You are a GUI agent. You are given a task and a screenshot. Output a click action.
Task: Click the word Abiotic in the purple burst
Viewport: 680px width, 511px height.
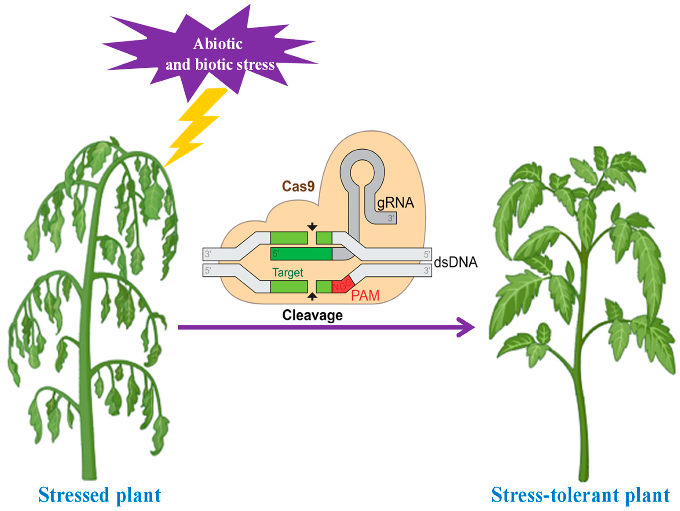coord(218,44)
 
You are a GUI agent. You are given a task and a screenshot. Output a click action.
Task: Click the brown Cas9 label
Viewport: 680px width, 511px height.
coord(298,186)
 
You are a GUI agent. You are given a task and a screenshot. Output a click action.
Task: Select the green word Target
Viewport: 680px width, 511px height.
coord(288,273)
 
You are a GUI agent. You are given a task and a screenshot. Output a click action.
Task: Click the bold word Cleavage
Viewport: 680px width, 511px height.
coord(312,315)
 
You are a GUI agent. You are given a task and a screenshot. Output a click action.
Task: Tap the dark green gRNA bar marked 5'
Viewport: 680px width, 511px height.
coord(301,254)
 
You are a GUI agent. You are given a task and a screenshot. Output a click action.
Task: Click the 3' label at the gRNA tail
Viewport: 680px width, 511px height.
coord(391,218)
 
